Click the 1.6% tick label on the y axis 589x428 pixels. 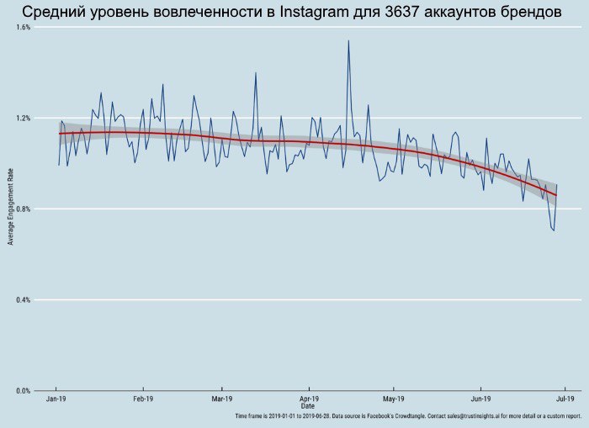pos(24,27)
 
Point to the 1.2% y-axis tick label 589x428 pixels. pos(24,118)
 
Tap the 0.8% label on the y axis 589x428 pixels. pos(24,209)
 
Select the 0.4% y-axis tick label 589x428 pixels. pos(24,300)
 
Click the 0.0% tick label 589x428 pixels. pos(24,391)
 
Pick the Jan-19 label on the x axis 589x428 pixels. pos(56,399)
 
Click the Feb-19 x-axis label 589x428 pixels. pos(142,399)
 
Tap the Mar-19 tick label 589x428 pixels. pos(222,399)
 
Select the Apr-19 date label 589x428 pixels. pos(309,399)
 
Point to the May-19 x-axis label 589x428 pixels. pos(394,399)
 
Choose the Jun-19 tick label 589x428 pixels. pos(481,399)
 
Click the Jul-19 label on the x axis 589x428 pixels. pos(565,399)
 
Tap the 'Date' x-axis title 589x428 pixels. pos(308,407)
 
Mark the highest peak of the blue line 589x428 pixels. pos(348,40)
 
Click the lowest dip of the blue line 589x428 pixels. pos(554,230)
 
